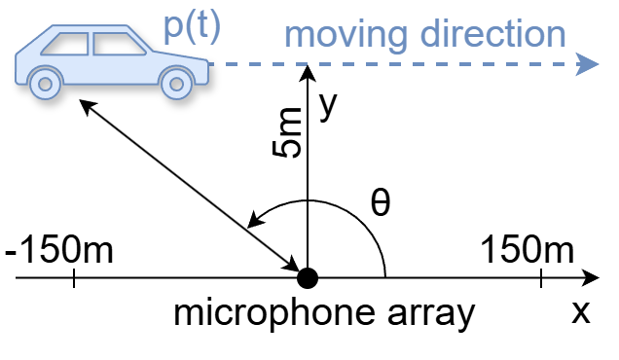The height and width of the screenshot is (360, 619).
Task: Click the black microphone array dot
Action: tap(308, 279)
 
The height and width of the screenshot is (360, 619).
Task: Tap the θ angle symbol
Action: tap(381, 203)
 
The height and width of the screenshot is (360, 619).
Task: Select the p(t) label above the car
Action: tap(192, 26)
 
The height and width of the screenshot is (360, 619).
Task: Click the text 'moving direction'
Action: tap(425, 34)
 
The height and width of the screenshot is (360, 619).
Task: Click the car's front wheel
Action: tap(176, 82)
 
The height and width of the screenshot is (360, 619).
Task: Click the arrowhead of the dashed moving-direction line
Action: tap(587, 65)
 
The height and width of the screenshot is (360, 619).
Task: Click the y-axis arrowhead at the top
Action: tap(308, 70)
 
